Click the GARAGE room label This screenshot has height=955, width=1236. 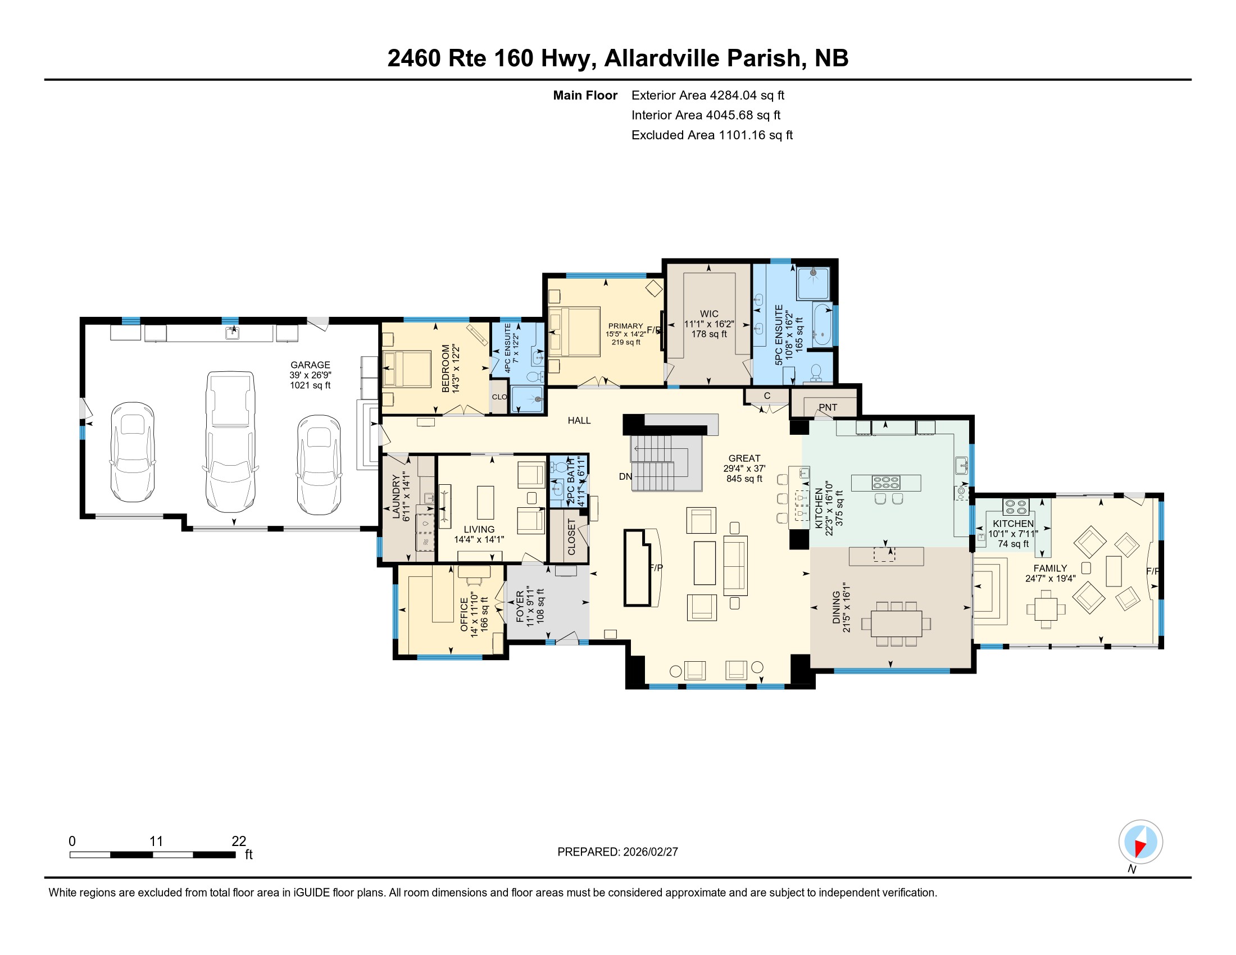point(310,365)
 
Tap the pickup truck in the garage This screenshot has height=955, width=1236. point(230,442)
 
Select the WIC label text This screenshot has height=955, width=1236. point(709,314)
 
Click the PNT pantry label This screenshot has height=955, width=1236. point(828,407)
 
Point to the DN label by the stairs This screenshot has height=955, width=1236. point(625,476)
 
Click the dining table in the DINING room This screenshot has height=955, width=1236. point(897,624)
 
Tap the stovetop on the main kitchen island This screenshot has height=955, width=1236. point(886,483)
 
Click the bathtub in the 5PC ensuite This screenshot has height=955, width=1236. point(823,325)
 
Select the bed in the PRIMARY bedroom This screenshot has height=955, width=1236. point(574,332)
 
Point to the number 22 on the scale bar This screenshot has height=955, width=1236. point(239,842)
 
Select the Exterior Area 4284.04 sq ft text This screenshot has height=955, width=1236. point(707,95)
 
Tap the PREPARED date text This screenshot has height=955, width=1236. point(617,852)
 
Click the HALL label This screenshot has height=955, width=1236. point(579,420)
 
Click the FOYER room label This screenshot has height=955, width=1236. point(520,607)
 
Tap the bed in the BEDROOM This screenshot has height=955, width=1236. point(407,369)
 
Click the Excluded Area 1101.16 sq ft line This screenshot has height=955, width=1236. point(712,135)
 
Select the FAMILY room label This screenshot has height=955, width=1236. point(1051,568)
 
